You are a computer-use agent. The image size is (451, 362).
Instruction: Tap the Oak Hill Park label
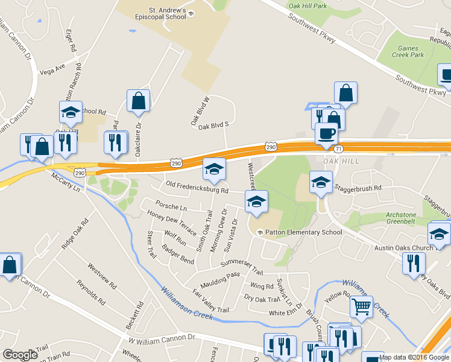pyautogui.click(x=307, y=6)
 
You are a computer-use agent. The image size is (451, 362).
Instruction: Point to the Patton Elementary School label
pyautogui.click(x=303, y=232)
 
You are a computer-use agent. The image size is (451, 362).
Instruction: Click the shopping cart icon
pyautogui.click(x=361, y=307)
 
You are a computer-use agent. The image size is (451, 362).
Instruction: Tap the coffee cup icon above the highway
pyautogui.click(x=326, y=133)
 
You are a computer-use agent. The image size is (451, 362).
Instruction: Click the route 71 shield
pyautogui.click(x=339, y=148)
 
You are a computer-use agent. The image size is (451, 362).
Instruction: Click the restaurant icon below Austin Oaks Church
pyautogui.click(x=414, y=263)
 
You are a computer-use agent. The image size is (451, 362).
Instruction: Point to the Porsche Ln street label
pyautogui.click(x=171, y=207)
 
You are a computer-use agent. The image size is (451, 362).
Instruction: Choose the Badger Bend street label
pyautogui.click(x=178, y=256)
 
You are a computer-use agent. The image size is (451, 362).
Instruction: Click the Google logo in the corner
pyautogui.click(x=20, y=355)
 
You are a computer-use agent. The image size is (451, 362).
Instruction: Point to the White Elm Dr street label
pyautogui.click(x=285, y=313)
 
